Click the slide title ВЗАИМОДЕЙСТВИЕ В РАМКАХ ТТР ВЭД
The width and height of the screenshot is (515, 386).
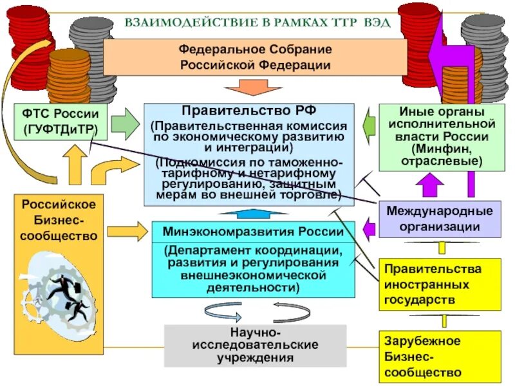point(257,22)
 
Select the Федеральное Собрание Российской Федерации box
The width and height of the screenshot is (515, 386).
point(255,57)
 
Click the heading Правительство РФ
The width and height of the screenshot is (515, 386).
point(248,110)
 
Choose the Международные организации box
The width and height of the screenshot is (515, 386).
point(439,219)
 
